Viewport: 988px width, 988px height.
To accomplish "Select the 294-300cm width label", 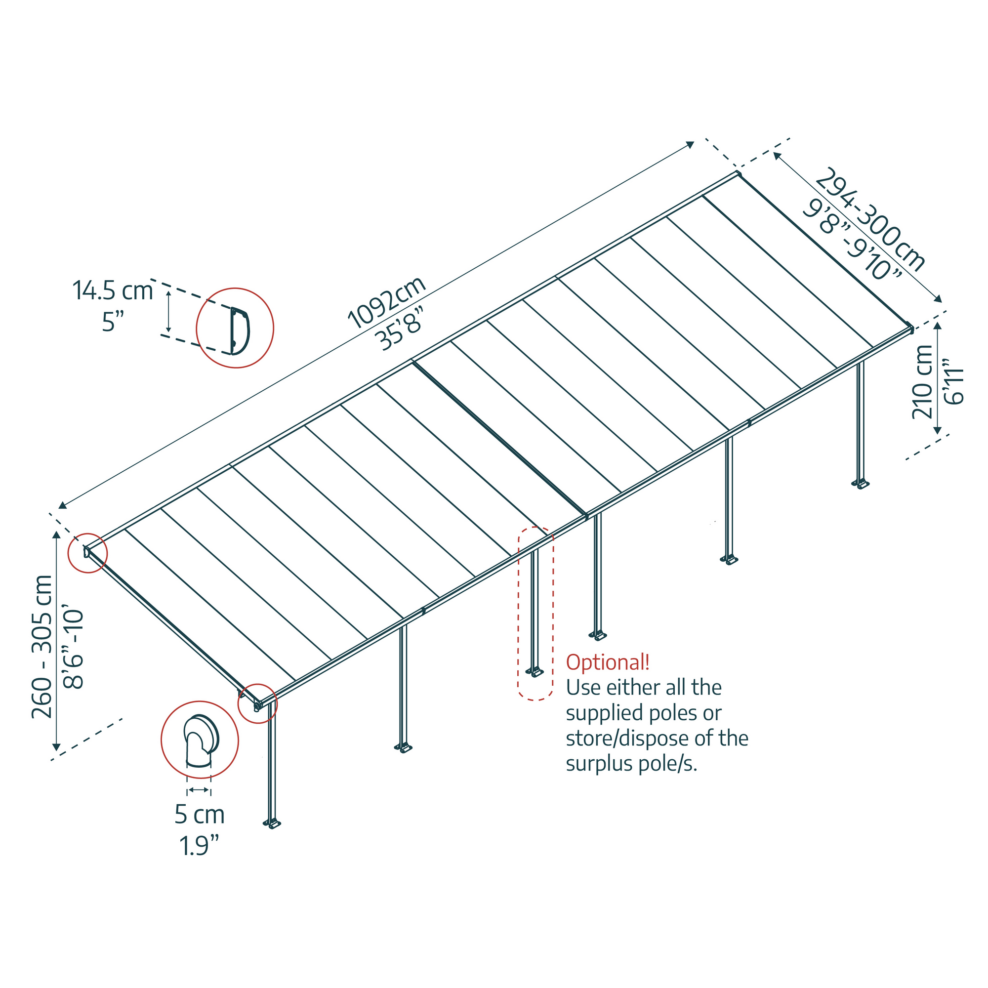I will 869,220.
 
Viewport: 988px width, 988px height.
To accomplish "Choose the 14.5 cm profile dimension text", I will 113,290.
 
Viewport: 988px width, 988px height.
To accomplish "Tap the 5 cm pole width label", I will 200,814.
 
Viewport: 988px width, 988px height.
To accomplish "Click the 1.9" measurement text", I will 199,845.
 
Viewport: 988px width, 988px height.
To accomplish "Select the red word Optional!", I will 608,662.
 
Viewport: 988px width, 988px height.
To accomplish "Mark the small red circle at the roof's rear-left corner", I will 88,553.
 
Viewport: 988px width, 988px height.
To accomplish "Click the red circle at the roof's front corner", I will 257,703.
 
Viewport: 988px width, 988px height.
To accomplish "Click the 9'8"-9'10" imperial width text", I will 852,241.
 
